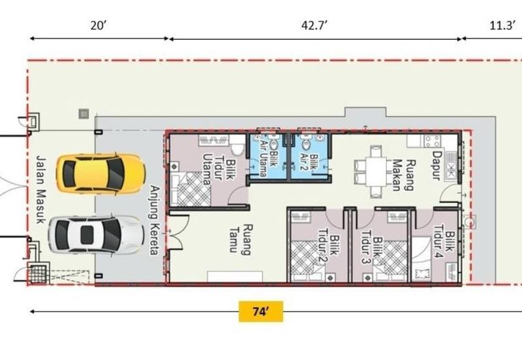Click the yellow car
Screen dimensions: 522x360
(x=100, y=173)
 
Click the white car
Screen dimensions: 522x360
(x=96, y=235)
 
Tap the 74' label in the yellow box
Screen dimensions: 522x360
(x=260, y=312)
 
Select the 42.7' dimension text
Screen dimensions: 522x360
(x=315, y=25)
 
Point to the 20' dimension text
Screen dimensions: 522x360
(x=99, y=25)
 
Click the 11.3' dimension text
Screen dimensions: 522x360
(x=502, y=25)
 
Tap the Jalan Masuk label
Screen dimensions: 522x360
(x=40, y=189)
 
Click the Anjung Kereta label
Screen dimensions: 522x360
(x=154, y=220)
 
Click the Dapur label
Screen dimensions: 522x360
(x=437, y=166)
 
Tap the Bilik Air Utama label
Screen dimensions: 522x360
(x=268, y=158)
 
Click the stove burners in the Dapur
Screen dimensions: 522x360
(x=433, y=142)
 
